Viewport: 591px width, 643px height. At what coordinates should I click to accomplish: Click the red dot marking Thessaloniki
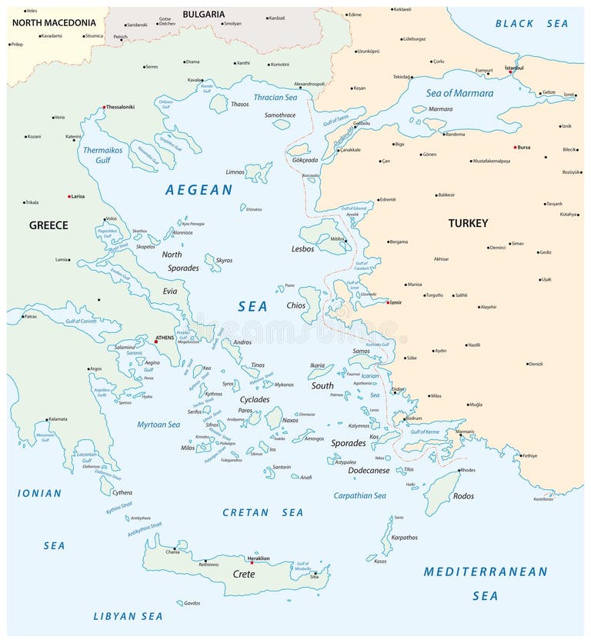tap(104, 108)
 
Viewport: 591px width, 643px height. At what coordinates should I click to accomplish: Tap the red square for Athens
tap(156, 341)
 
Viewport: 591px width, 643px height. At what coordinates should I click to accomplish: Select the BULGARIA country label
tap(203, 14)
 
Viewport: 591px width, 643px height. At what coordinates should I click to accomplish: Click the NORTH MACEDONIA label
tap(54, 23)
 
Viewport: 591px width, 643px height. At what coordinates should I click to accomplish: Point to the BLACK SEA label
tap(532, 24)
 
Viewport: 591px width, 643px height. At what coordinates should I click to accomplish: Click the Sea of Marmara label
tap(459, 93)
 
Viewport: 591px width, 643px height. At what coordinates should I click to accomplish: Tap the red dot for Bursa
tap(516, 147)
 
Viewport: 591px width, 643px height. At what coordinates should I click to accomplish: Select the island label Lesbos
tap(303, 249)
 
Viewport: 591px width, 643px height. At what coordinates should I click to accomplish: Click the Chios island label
tap(295, 305)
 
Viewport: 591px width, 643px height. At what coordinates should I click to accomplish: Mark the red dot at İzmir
tap(389, 303)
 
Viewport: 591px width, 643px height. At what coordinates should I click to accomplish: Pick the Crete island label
tap(243, 575)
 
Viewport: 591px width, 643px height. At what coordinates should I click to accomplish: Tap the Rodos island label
tap(463, 496)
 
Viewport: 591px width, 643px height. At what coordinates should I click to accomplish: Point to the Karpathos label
tap(404, 538)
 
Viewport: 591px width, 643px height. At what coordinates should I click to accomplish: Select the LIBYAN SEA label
tap(128, 616)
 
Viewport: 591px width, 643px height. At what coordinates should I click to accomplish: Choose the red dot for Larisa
tap(69, 197)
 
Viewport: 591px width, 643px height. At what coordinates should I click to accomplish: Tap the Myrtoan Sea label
tap(159, 424)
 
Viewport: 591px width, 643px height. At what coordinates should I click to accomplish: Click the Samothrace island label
tap(280, 115)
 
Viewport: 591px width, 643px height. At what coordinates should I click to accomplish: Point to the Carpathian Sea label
tap(359, 496)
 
